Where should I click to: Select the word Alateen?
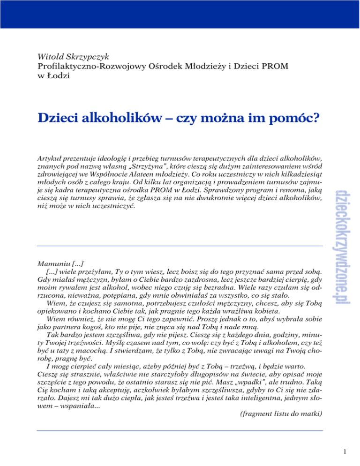(x=130, y=173)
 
